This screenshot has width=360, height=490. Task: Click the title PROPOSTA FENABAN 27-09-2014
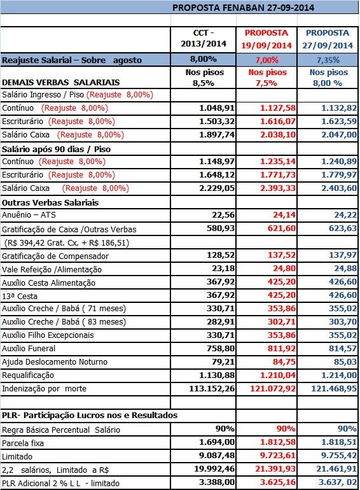243,8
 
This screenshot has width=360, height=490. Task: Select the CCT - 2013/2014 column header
204,38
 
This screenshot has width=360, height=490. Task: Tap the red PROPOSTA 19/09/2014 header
267,39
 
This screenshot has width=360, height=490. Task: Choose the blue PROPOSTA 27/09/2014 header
328,39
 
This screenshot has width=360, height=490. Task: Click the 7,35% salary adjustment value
328,60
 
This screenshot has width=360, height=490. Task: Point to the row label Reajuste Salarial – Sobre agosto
72,60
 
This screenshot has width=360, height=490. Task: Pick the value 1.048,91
217,108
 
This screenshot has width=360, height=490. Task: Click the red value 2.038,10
278,135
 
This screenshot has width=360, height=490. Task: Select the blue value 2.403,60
339,188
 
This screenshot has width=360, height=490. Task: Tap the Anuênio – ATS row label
29,215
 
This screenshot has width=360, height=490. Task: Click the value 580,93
221,228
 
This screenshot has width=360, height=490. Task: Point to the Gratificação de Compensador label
55,256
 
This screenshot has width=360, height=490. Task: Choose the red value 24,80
284,269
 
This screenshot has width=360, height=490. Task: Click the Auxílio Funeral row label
29,349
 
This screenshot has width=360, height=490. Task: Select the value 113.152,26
212,389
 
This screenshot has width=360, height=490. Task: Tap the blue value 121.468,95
334,389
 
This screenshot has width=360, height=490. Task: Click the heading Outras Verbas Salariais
50,203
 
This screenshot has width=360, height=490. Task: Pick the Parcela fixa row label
23,444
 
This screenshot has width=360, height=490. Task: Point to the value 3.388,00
217,482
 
